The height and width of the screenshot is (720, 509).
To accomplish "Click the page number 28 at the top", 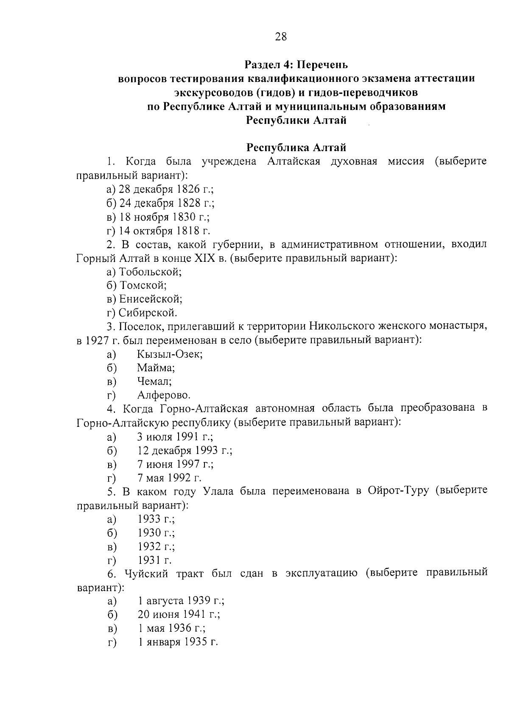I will pos(281,37).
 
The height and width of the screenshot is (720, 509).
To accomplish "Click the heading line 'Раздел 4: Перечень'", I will pos(296,65).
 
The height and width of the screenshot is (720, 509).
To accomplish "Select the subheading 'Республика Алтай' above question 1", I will pos(296,148).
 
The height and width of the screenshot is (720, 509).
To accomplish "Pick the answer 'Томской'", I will pos(142,286).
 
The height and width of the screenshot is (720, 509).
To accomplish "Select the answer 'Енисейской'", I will pos(150,299).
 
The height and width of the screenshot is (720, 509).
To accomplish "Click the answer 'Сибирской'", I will pos(147,313).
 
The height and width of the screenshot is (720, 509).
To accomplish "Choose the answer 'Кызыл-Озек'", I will pos(170,354).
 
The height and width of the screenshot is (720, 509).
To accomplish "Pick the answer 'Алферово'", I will pos(164,395).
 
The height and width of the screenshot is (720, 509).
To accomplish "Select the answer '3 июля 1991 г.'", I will pos(175,437).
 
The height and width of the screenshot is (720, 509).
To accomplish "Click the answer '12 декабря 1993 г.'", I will pos(185,451).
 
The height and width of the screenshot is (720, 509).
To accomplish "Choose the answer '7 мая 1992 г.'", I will pos(169,478).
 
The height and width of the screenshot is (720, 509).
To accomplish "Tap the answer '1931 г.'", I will pos(154,560).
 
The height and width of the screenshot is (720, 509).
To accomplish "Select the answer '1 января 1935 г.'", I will pos(178,642).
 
